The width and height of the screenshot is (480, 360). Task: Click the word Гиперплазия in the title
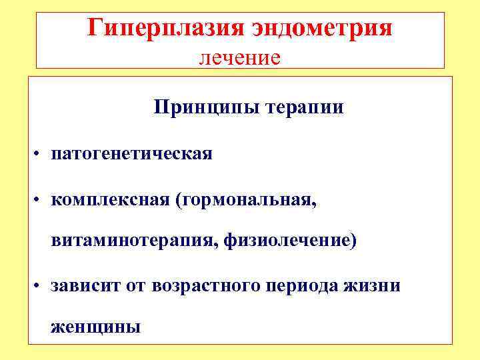tap(167, 28)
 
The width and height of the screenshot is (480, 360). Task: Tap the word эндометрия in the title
tap(323, 28)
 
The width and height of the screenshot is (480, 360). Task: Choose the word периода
tap(311, 286)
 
